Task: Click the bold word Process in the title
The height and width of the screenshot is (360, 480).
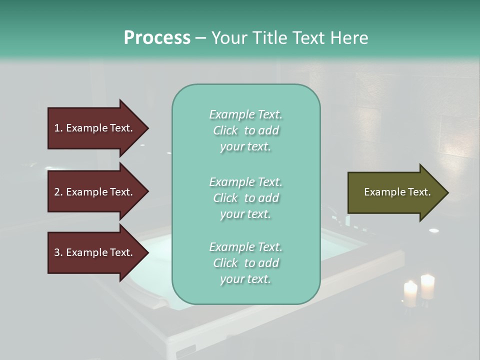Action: pos(157,38)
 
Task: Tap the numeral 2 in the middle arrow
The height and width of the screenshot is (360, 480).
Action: pos(57,192)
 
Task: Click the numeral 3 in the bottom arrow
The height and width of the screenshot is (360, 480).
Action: pos(57,252)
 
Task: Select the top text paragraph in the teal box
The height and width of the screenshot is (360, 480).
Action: pos(245,130)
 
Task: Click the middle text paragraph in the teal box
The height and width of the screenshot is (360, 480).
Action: pos(245,198)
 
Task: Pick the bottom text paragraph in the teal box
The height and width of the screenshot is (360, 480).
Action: pos(245,263)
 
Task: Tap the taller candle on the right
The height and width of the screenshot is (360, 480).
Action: pos(427,287)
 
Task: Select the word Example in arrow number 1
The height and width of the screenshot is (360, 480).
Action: pos(86,128)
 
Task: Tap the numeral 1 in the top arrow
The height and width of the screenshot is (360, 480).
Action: pos(57,128)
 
